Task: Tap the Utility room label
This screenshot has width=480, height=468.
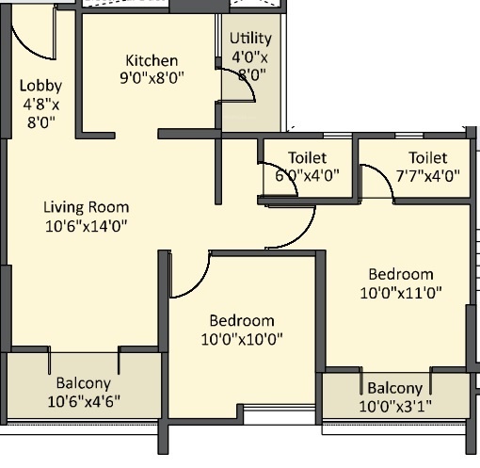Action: click(x=250, y=39)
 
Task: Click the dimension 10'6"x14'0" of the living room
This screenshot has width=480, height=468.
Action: click(x=87, y=226)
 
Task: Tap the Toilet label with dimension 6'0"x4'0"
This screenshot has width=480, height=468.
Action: click(x=307, y=157)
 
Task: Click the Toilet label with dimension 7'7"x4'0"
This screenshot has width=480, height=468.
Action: click(x=428, y=157)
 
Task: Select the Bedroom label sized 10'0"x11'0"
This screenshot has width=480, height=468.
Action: click(x=401, y=274)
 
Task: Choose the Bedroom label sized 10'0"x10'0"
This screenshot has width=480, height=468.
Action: click(x=242, y=320)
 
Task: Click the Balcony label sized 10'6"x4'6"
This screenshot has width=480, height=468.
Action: click(x=83, y=383)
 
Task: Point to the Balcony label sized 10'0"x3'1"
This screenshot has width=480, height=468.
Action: click(x=394, y=388)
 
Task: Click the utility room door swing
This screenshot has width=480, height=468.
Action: click(x=246, y=87)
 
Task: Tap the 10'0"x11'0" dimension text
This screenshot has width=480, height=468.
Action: click(x=401, y=292)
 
